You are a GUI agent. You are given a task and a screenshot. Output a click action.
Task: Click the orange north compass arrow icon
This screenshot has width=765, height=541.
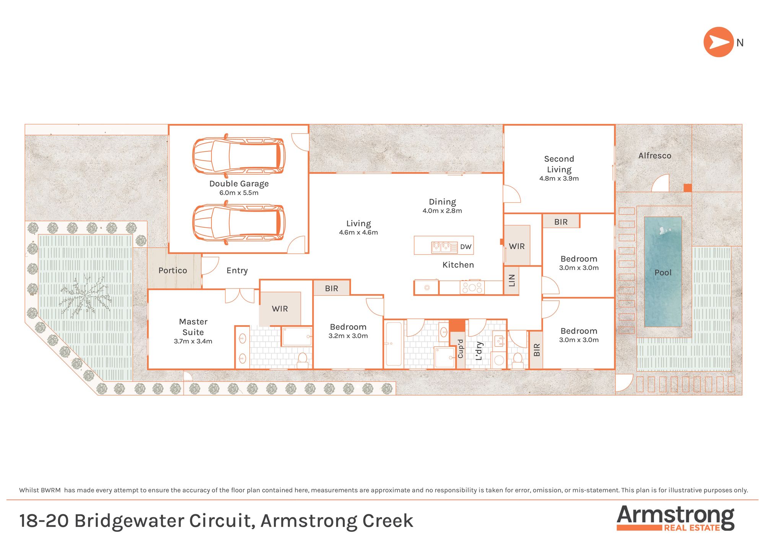(x=718, y=42)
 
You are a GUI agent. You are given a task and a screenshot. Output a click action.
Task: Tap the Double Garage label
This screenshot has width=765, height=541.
(x=239, y=184)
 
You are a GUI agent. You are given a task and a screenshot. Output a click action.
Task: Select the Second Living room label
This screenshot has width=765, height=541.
(x=559, y=164)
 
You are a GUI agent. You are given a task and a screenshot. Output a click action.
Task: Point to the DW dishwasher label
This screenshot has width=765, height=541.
(x=466, y=247)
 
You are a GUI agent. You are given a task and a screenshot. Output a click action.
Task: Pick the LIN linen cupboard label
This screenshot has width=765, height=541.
(x=512, y=280)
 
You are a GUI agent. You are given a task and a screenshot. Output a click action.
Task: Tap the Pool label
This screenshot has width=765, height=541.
(x=663, y=273)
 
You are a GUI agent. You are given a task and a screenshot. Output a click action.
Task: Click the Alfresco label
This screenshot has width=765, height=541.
(x=654, y=156)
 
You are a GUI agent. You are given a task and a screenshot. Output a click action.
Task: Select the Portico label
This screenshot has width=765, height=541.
(x=173, y=270)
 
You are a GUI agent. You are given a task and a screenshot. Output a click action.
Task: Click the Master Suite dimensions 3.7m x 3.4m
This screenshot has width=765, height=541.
(x=193, y=341)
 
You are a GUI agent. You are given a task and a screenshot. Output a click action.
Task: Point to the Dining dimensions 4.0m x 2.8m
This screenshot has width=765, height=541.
(x=442, y=211)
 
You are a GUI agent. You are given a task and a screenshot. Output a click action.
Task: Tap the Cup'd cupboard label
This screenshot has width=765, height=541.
(x=461, y=349)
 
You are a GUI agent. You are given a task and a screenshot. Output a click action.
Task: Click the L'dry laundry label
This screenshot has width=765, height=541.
(x=479, y=351)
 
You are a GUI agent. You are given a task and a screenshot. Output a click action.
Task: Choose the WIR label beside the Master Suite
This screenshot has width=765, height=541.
(x=280, y=309)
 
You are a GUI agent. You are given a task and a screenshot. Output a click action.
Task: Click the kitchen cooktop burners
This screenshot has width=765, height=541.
(x=472, y=287)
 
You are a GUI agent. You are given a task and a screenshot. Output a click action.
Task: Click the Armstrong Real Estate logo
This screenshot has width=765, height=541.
(x=675, y=518)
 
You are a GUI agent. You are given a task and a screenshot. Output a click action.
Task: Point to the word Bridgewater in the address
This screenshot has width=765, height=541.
(x=130, y=521)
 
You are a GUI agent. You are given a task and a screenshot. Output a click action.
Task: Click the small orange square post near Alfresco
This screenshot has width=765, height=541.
(x=687, y=188)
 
